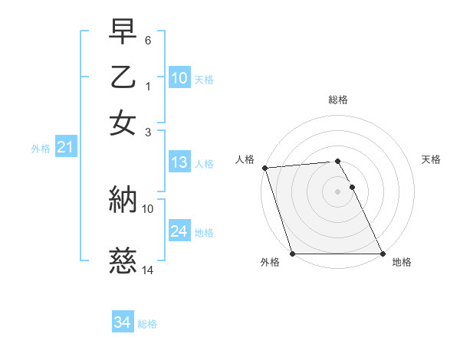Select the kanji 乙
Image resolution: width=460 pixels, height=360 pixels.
click(123, 79)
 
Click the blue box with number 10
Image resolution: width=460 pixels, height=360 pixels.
click(179, 78)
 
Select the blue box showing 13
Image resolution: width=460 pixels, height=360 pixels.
click(179, 162)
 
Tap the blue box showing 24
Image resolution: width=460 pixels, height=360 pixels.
click(179, 231)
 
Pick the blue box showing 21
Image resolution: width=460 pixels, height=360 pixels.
click(65, 148)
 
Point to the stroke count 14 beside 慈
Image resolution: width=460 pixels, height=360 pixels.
click(148, 270)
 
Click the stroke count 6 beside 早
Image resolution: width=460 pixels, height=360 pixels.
click(148, 39)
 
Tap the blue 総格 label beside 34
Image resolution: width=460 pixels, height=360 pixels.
click(147, 324)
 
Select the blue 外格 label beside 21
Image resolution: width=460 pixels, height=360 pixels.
click(41, 149)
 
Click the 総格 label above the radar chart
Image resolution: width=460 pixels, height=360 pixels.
click(338, 100)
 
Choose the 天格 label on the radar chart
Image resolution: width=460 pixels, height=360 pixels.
click(432, 159)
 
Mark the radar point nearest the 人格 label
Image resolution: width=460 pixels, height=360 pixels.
click(264, 168)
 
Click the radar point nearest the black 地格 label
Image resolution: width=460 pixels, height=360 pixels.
click(383, 254)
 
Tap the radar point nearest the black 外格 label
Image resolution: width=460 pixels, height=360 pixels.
click(293, 254)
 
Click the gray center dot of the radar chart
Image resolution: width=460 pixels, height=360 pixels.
click(338, 191)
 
